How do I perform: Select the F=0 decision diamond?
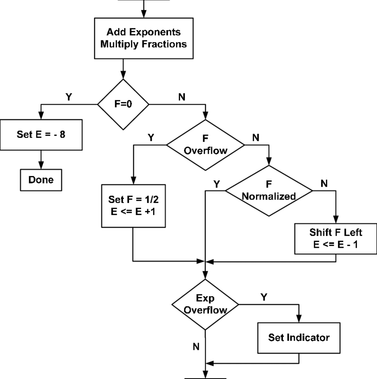click(x=123, y=105)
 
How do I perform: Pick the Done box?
click(x=41, y=180)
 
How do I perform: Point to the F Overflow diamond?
click(x=205, y=145)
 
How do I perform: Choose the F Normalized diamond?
click(x=269, y=191)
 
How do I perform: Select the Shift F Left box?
click(x=336, y=238)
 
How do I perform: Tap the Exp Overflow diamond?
click(x=205, y=305)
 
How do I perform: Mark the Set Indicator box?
click(x=298, y=337)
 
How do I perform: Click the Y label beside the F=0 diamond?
click(x=69, y=96)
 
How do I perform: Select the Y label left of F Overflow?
click(x=151, y=138)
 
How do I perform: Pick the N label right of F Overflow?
click(x=255, y=137)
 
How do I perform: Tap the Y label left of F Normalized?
click(x=216, y=183)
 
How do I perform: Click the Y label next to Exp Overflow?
click(x=263, y=297)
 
